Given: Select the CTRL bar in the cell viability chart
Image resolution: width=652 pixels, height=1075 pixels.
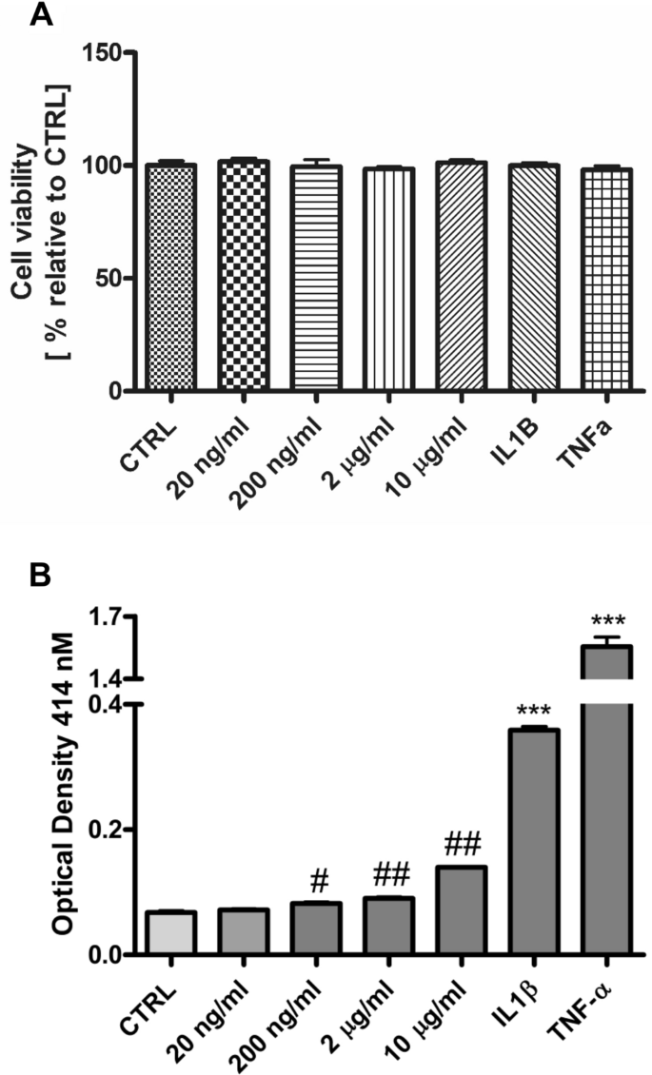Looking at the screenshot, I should (x=171, y=277).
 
